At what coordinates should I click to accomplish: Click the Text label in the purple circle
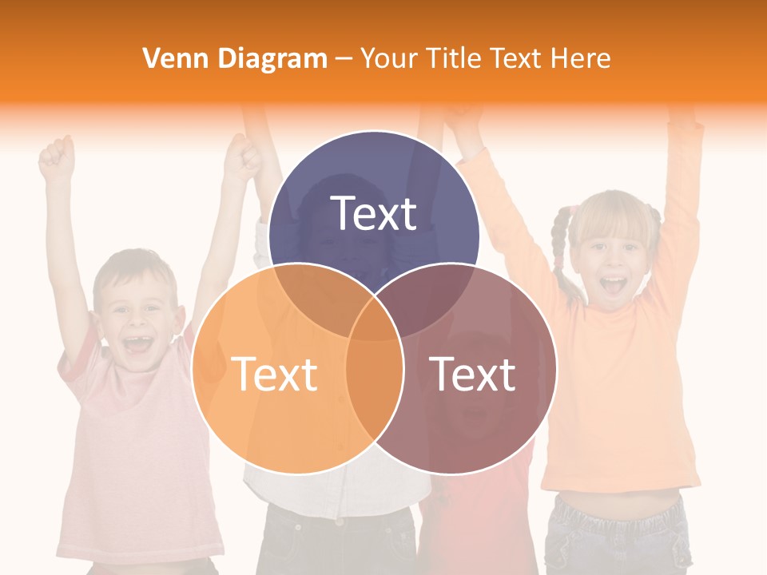(x=374, y=213)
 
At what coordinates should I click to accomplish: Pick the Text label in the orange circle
(x=274, y=374)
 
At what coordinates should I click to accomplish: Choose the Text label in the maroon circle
(x=473, y=374)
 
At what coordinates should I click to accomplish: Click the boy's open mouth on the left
(x=137, y=344)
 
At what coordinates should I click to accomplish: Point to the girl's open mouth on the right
(x=614, y=285)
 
